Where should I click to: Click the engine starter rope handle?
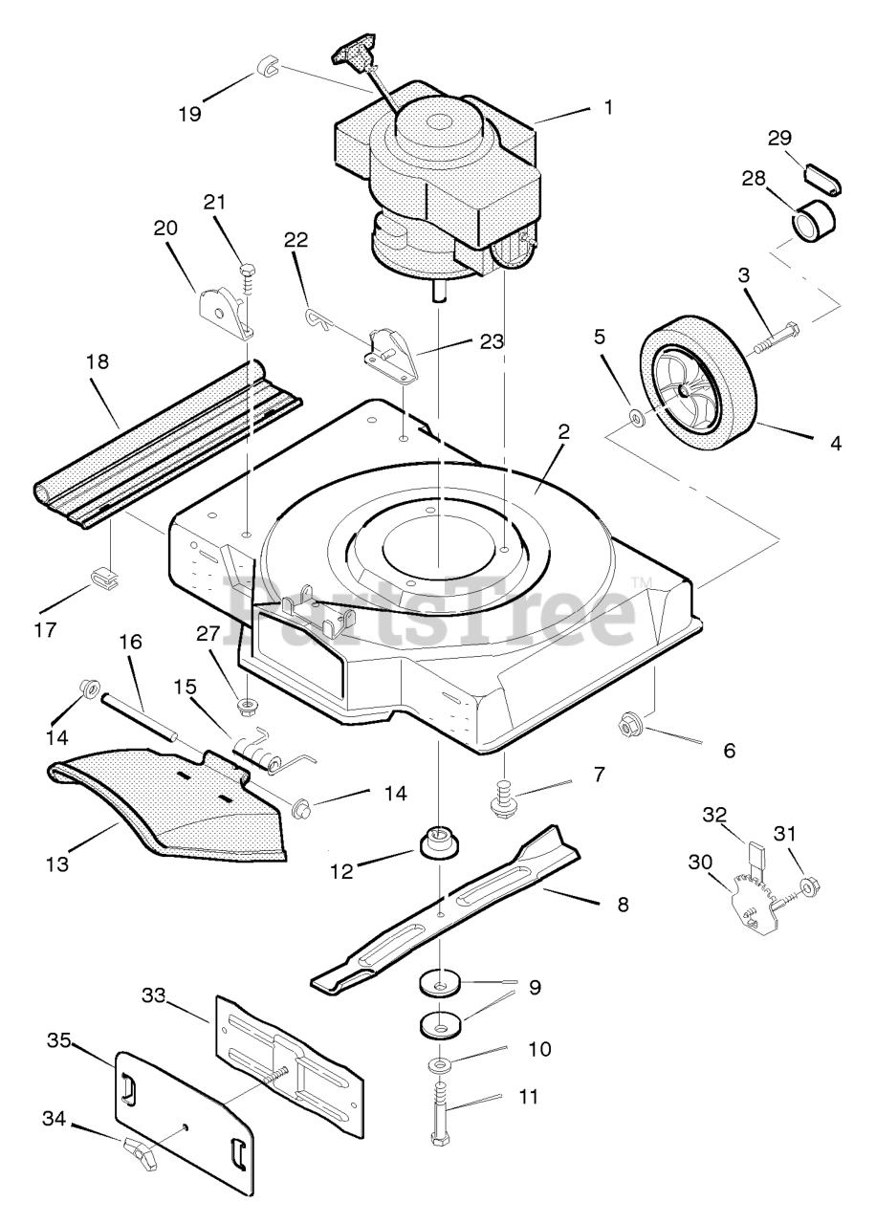(353, 55)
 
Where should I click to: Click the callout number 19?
(190, 114)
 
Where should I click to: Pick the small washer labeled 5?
(637, 419)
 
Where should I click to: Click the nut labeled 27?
(247, 705)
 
